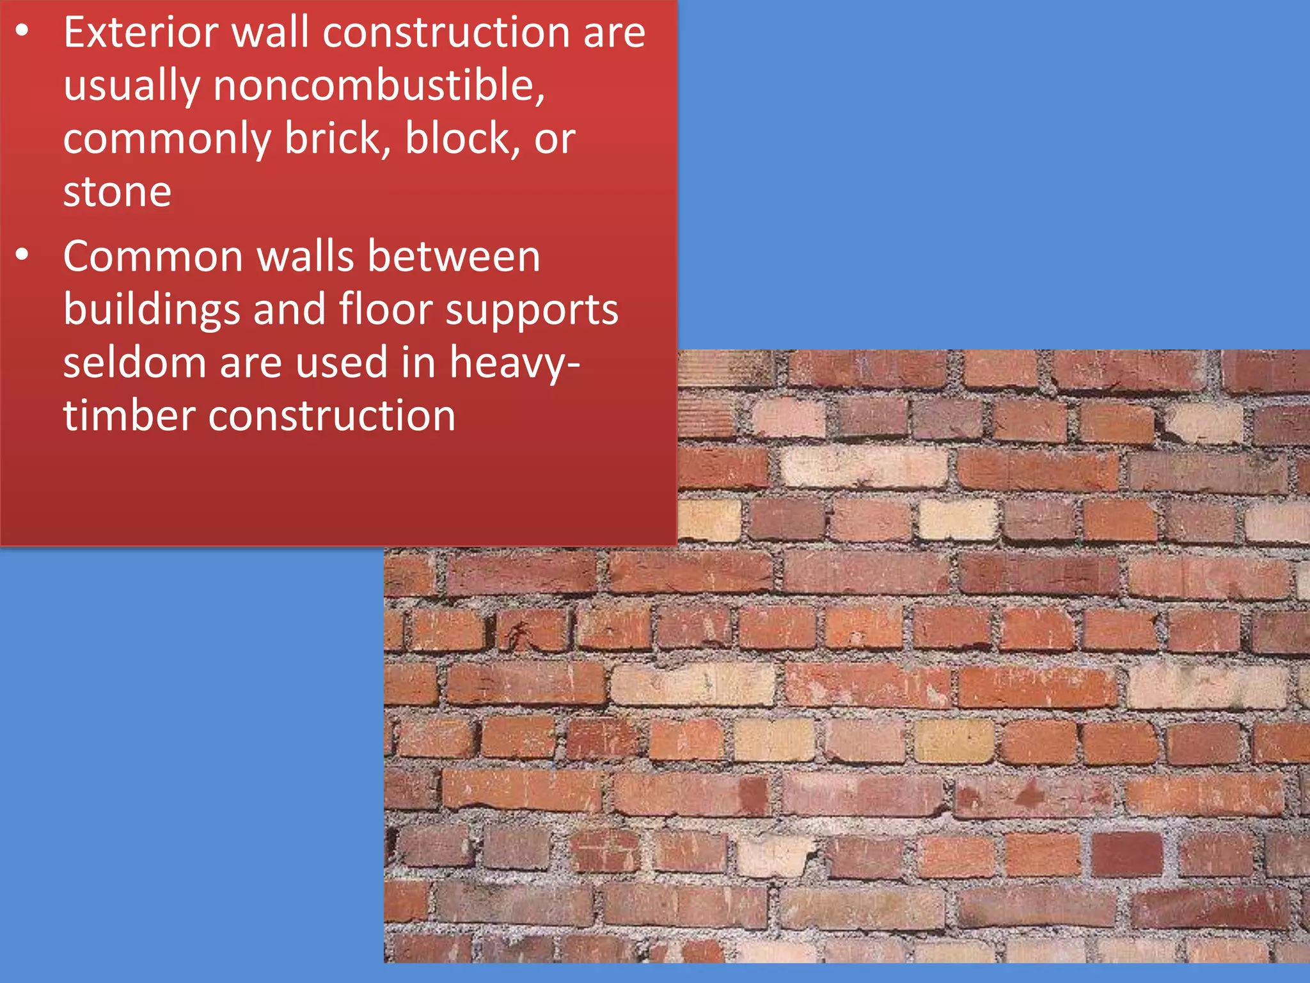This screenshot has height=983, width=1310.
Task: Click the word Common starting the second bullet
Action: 153,256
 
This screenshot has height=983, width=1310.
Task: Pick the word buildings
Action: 152,310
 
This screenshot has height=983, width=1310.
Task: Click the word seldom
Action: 134,362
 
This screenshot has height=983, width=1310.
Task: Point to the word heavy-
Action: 515,364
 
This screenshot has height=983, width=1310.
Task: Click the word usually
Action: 131,86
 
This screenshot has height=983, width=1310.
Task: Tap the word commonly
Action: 167,140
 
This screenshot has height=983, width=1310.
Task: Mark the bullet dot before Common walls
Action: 22,255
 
